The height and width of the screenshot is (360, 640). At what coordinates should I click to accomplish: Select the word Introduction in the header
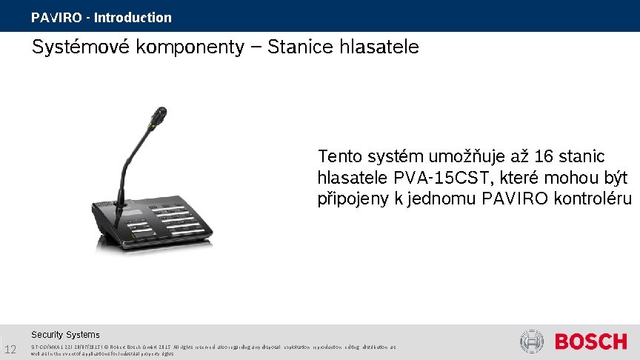(133, 18)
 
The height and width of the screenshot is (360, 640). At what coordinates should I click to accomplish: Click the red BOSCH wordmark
(590, 342)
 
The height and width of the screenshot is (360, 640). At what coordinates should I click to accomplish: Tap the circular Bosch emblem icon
(532, 342)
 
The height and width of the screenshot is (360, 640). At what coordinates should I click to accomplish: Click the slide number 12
(10, 350)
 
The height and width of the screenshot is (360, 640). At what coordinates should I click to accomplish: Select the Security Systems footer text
(65, 335)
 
